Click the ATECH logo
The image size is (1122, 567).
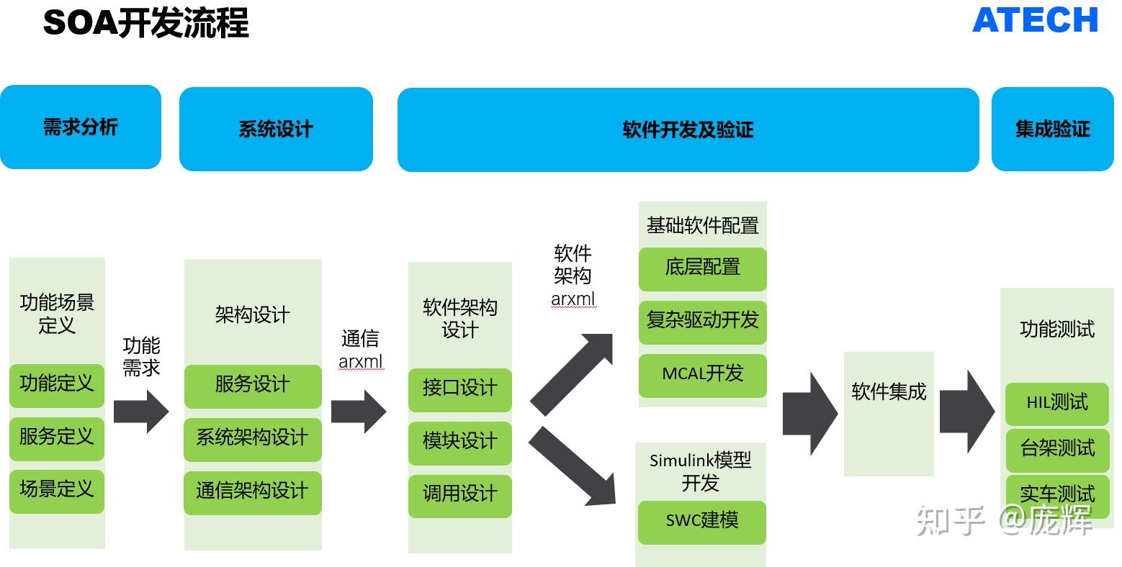[x=1035, y=20]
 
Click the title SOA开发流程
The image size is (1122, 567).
[x=146, y=22]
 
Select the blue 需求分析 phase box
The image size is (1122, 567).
[x=80, y=127]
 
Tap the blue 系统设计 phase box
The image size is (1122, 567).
[x=276, y=130]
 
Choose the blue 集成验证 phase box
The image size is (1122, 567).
[x=1052, y=130]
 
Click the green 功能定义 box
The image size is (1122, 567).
[x=57, y=384]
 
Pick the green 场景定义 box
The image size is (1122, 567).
[x=57, y=490]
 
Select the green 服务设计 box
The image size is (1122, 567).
[x=253, y=385]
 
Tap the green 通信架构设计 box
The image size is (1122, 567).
[x=253, y=491]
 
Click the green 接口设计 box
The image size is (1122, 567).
[x=459, y=389]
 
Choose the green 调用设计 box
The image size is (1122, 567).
[x=459, y=494]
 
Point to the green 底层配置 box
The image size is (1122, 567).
[x=702, y=268]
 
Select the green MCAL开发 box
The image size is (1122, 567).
[x=702, y=374]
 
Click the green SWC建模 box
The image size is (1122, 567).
[x=701, y=520]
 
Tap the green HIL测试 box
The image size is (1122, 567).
[x=1056, y=403]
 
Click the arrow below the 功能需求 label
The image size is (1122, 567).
[x=141, y=412]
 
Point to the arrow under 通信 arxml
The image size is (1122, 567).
[x=359, y=412]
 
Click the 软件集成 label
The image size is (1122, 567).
[x=889, y=392]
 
